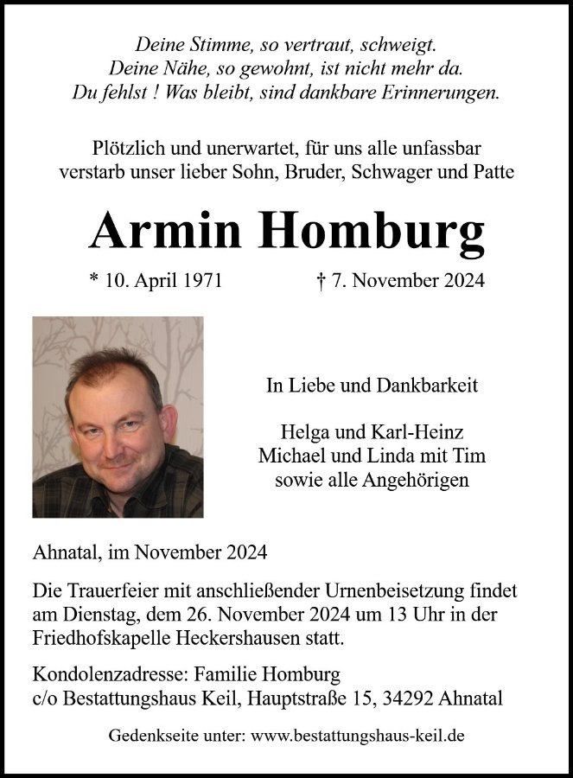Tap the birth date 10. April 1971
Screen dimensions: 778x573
(x=162, y=281)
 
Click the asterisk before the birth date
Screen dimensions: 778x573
(x=93, y=279)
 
